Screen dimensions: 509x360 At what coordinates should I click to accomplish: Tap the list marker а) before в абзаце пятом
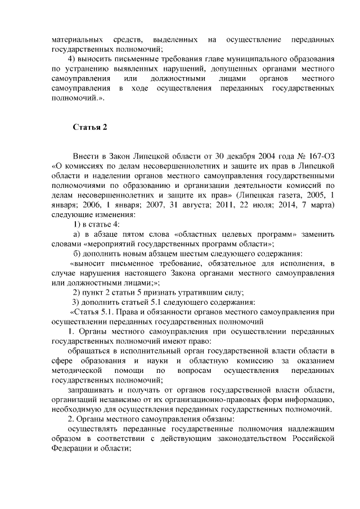tap(78, 233)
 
